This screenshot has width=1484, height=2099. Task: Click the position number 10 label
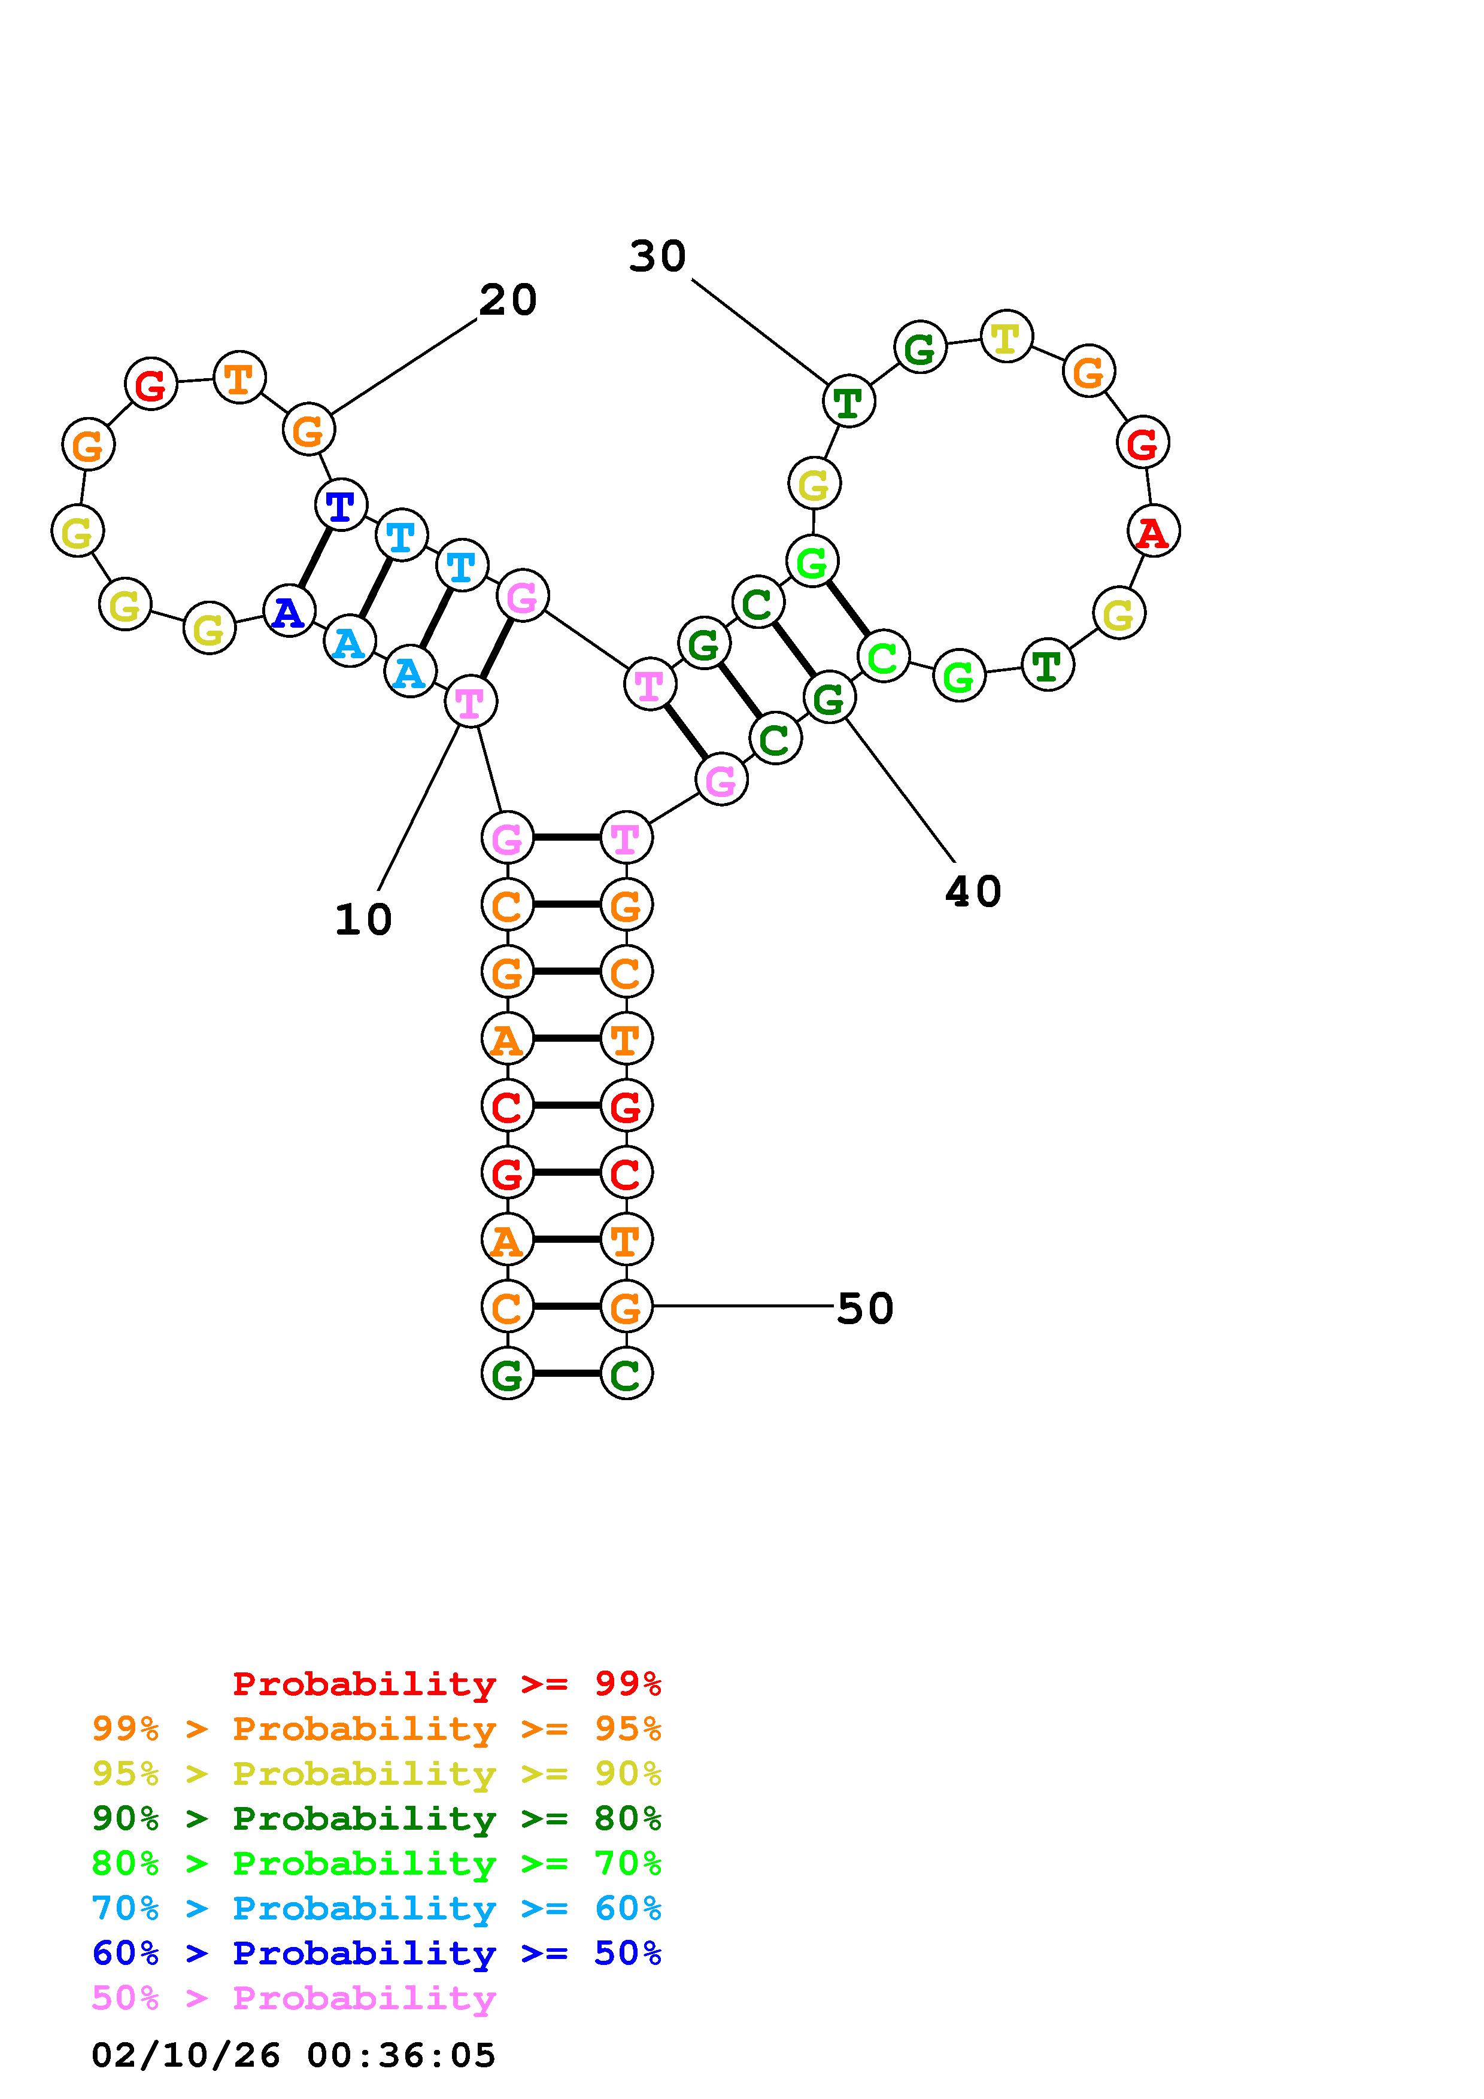pos(363,920)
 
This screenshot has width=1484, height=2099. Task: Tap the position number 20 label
pos(508,300)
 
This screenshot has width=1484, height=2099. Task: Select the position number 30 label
pos(657,256)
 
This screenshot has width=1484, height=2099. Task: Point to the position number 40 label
pos(973,892)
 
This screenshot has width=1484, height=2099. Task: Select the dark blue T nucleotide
pos(340,504)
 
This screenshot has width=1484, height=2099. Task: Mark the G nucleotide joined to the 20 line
pos(309,429)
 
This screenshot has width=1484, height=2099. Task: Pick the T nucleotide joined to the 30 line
pos(848,400)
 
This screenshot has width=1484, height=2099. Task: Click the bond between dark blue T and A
pos(314,558)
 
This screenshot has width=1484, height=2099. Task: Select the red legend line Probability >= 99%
pos(446,1684)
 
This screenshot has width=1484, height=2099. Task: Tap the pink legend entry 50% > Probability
pos(293,1997)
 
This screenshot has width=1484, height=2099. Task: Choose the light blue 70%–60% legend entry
pos(377,1908)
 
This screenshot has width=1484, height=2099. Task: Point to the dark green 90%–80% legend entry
pos(377,1818)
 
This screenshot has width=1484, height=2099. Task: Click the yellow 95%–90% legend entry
pos(377,1773)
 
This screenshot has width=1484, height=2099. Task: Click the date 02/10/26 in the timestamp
pos(186,2055)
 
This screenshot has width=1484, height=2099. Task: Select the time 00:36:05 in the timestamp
pos(400,2055)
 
